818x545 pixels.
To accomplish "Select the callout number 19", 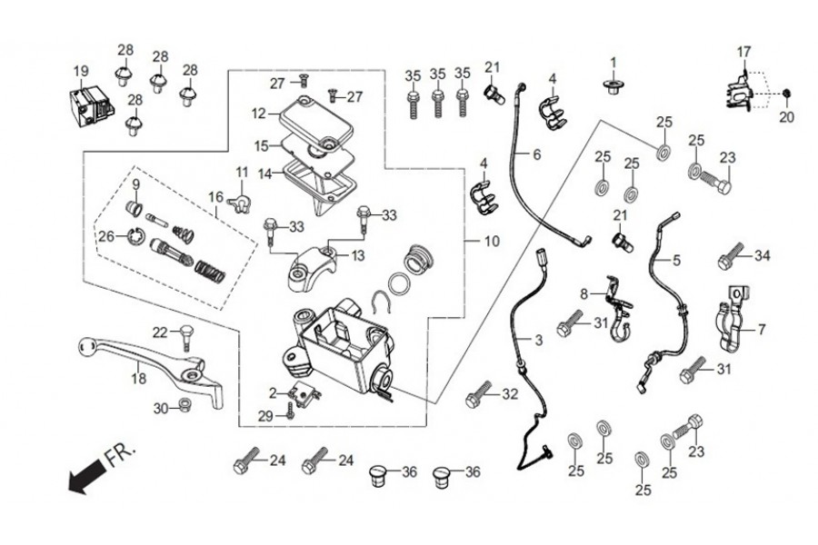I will [81, 72].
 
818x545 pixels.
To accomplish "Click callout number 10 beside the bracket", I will [492, 242].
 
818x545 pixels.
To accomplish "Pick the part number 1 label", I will [613, 63].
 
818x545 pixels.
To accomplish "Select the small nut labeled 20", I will [787, 94].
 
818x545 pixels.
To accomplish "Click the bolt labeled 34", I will [728, 260].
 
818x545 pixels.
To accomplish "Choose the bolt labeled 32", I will [478, 398].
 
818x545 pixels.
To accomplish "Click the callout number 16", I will [215, 197].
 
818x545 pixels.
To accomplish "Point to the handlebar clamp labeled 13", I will [314, 264].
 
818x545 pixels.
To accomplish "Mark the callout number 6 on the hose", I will [536, 155].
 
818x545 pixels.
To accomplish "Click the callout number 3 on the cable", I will [537, 341].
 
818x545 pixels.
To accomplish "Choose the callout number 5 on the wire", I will [675, 259].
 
